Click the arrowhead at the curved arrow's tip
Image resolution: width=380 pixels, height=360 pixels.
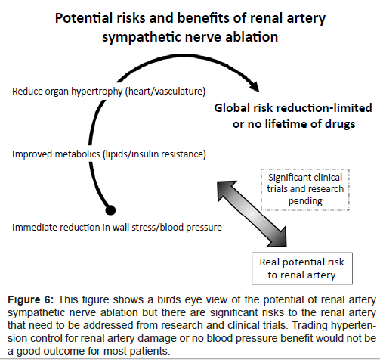point(254,85)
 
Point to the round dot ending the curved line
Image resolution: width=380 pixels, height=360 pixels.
point(110,210)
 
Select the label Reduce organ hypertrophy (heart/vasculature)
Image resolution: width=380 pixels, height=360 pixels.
point(109,92)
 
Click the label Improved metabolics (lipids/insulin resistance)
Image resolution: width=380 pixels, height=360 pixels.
point(109,154)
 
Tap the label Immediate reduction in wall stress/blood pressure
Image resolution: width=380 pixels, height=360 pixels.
point(117,228)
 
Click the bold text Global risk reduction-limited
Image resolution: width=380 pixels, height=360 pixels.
point(293,108)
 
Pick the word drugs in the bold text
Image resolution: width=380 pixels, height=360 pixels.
point(340,124)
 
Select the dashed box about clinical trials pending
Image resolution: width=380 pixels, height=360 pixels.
point(305,190)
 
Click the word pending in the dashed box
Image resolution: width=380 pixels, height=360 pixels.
point(305,201)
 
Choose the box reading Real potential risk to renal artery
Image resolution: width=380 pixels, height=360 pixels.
point(302,268)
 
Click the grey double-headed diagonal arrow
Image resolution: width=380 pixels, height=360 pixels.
point(252,213)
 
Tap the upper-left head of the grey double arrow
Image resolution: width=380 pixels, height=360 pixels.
point(225,189)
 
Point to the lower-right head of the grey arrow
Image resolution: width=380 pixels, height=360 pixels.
point(278,237)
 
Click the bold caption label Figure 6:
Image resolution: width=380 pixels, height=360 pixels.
point(31,300)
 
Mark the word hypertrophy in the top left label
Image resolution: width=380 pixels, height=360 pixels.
point(97,92)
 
